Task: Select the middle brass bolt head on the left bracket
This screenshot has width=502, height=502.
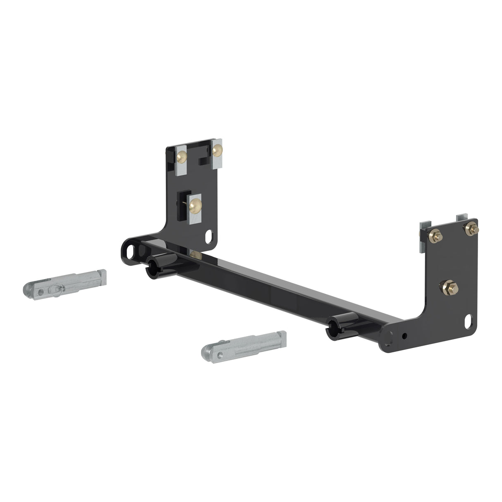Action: pos(195,203)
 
